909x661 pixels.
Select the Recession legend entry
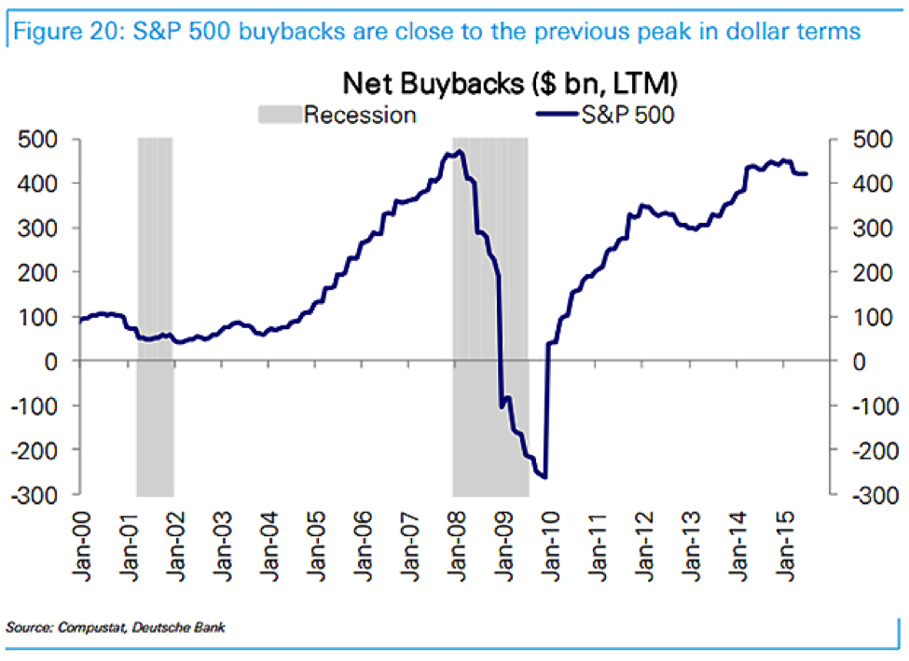coord(359,116)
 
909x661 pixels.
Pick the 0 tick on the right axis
coord(859,361)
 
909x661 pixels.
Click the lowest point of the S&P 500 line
coord(544,477)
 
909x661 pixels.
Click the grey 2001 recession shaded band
coord(155,317)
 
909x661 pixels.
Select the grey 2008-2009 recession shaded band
coord(490,317)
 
